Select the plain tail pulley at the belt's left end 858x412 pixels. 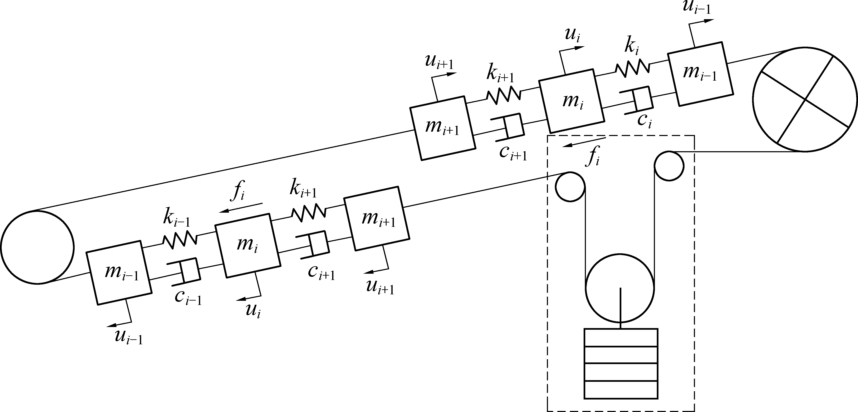pyautogui.click(x=37, y=247)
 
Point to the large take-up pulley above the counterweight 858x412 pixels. pyautogui.click(x=620, y=288)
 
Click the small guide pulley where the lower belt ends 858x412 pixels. pyautogui.click(x=570, y=187)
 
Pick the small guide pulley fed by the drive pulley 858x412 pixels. pyautogui.click(x=669, y=165)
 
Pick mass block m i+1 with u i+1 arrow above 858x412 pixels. pyautogui.click(x=442, y=128)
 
